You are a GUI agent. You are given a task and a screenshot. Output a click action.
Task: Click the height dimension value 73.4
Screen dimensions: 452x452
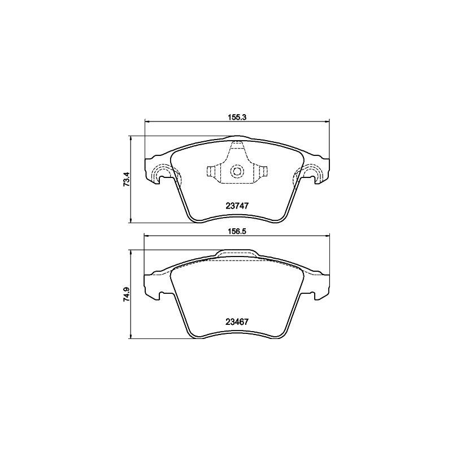[127, 179]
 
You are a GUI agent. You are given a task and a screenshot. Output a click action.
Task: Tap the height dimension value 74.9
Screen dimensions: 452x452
[127, 294]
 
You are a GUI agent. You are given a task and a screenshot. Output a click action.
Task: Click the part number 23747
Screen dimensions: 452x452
[237, 207]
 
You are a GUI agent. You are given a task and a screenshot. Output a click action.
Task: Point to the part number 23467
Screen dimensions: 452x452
[237, 322]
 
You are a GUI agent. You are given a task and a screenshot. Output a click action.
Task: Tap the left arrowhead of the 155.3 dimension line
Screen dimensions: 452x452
[148, 121]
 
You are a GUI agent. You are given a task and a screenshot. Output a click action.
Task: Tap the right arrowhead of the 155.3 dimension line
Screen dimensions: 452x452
[327, 121]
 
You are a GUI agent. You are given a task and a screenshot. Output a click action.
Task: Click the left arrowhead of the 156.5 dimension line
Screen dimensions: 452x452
[148, 236]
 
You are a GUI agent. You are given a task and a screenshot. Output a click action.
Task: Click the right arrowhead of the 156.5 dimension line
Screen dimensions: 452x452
[327, 236]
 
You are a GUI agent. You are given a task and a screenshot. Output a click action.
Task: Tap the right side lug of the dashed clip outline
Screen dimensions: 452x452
[263, 172]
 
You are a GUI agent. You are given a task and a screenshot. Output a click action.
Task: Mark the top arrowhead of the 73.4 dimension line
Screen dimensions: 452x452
[131, 138]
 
